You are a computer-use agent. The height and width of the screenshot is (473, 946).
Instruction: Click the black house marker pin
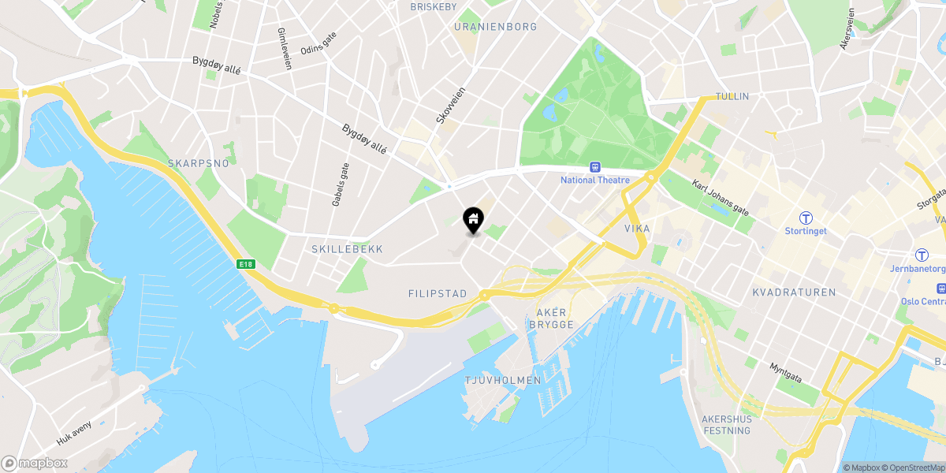pos(472,220)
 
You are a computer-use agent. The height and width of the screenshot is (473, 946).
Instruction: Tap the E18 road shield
pos(248,265)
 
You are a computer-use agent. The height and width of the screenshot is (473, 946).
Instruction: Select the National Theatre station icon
pos(594,167)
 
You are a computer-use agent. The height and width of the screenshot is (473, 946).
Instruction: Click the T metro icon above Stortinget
pos(806,218)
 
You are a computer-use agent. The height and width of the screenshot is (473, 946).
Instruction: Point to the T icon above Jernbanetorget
pos(921,255)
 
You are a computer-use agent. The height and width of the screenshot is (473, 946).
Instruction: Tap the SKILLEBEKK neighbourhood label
pos(346,249)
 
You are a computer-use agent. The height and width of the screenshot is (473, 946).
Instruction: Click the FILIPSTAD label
pos(438,293)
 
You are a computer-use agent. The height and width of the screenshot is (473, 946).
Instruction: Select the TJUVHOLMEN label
pos(503,380)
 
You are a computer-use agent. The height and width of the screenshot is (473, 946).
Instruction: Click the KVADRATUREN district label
pos(794,292)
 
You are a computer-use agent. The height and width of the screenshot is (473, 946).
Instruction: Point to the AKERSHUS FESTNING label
pos(726,425)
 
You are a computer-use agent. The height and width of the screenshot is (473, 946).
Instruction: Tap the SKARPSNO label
pos(198,163)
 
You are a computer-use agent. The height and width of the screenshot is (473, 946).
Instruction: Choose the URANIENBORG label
pos(496,27)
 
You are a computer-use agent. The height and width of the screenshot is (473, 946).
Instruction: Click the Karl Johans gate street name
pos(720,198)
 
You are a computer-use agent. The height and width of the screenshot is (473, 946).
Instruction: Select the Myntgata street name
pos(785,373)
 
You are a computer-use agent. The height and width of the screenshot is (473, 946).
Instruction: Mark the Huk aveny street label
pos(74,433)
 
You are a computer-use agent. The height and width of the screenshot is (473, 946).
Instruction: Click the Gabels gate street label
pos(340,184)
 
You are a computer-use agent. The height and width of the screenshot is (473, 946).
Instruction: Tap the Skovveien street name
pos(451,105)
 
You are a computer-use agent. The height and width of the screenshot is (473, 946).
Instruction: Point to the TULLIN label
pos(732,96)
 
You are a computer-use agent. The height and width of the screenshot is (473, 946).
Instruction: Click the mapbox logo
pos(34,463)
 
